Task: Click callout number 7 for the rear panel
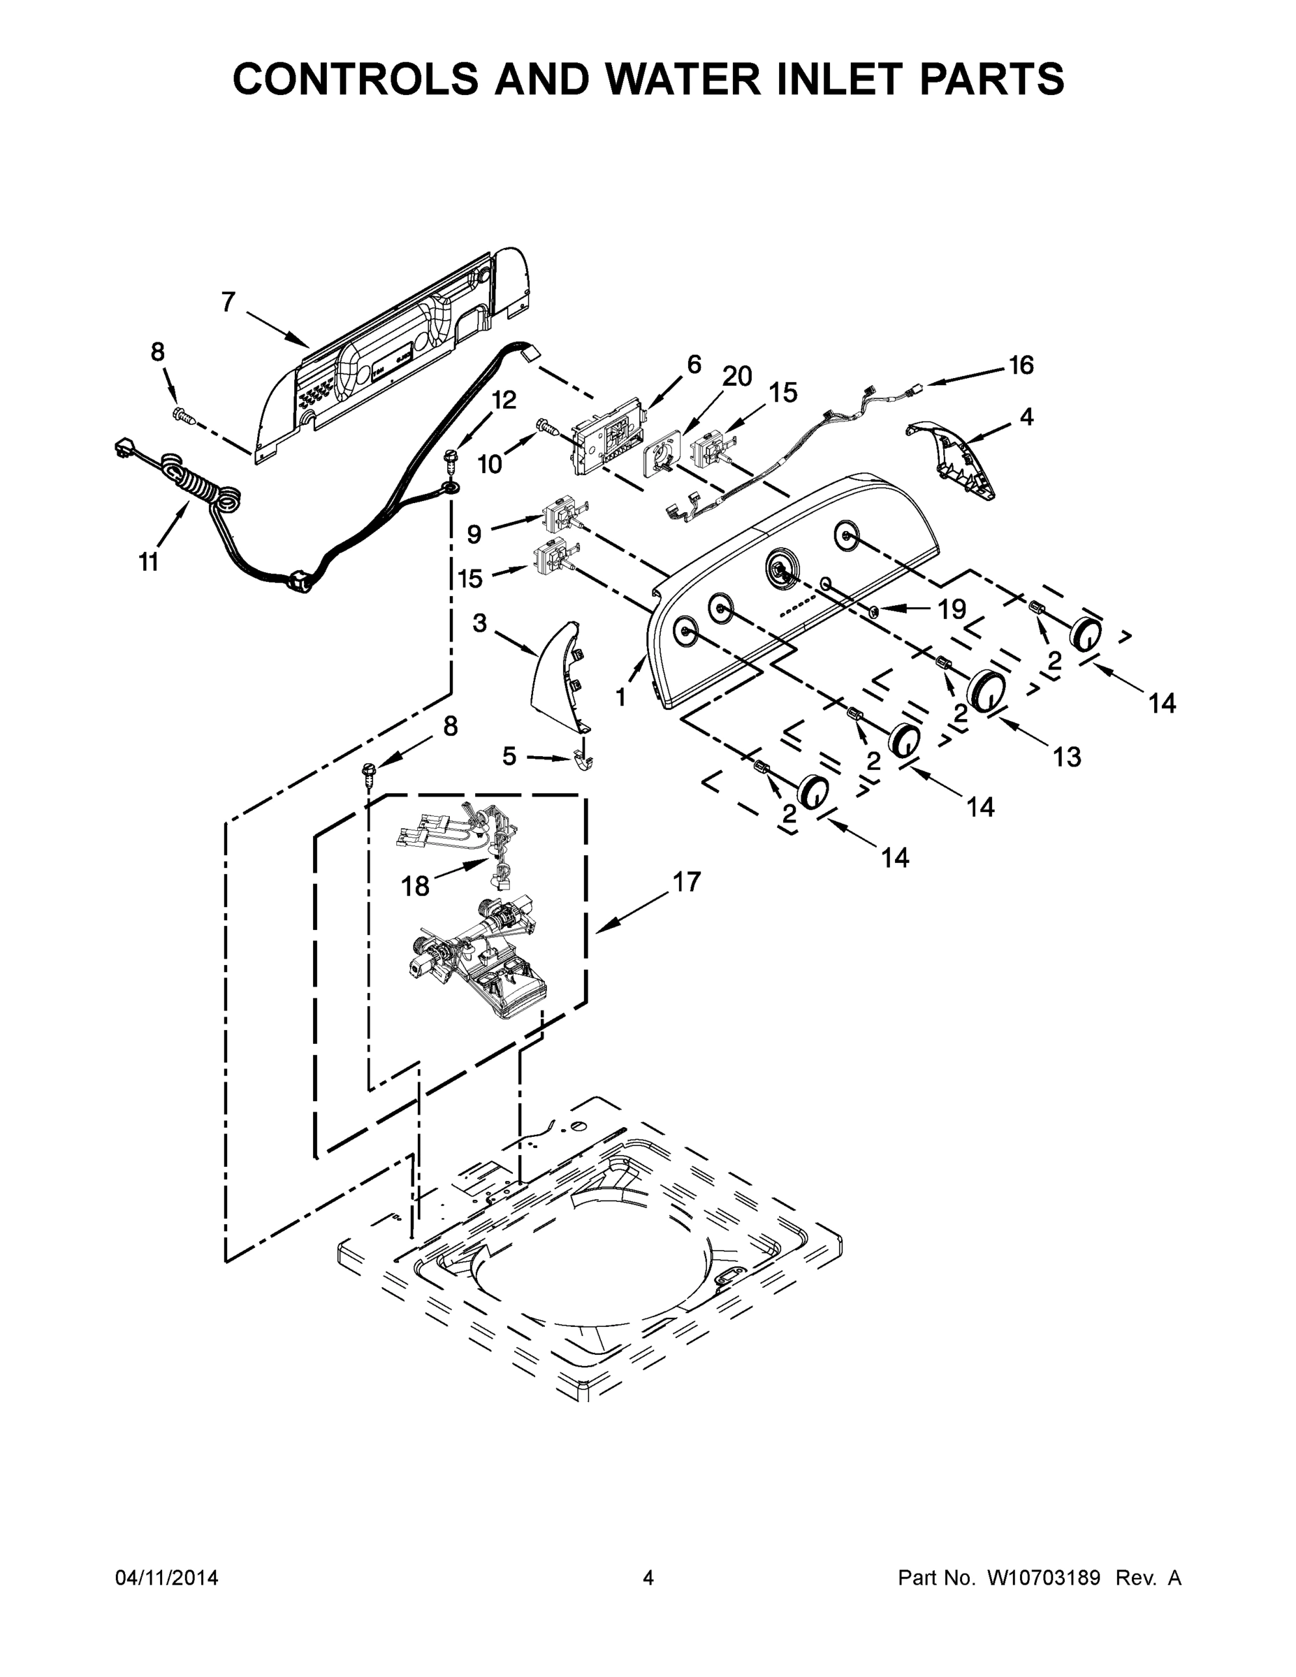228,303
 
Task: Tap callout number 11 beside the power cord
148,562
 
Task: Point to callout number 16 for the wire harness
1020,365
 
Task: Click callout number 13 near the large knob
1066,757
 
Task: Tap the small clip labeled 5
585,760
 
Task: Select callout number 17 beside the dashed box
686,882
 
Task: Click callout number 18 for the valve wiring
416,887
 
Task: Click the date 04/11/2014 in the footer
166,1578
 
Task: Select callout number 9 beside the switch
474,534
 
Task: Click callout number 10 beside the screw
489,464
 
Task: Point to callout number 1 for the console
620,697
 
